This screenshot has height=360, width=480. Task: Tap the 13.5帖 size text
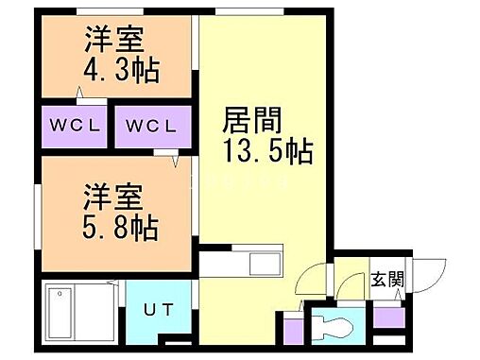(x=267, y=149)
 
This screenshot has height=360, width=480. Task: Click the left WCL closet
(x=75, y=126)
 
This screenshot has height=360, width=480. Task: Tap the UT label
(x=158, y=308)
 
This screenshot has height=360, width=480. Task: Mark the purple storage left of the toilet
(x=291, y=333)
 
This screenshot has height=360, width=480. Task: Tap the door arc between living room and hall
(x=308, y=280)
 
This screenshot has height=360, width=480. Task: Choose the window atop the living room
(x=241, y=12)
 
